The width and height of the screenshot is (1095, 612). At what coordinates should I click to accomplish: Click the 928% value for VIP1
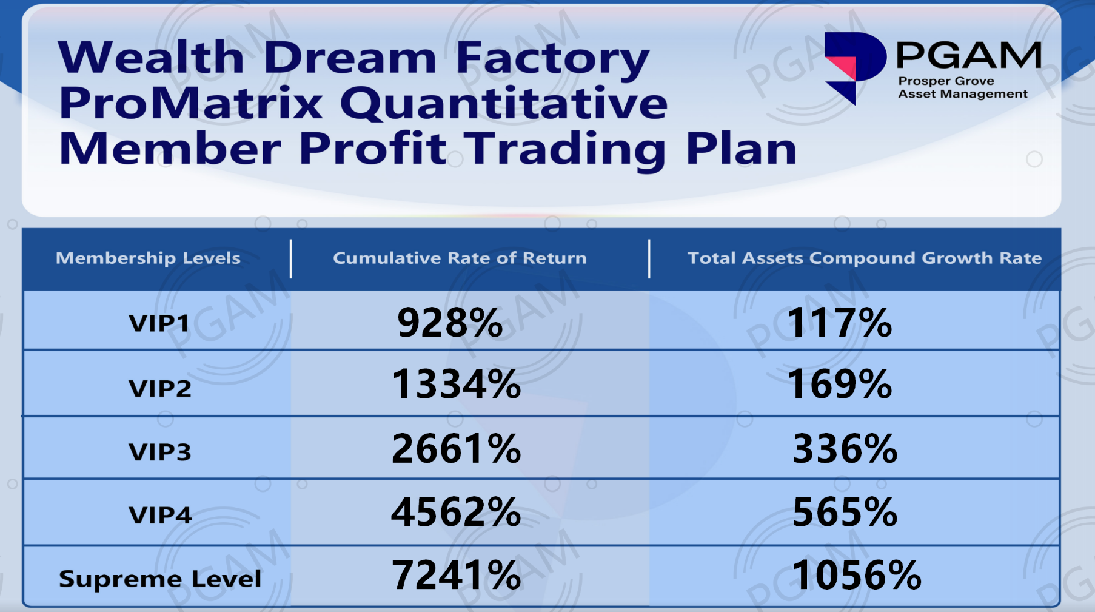450,322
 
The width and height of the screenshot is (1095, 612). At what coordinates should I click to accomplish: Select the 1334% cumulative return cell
457,385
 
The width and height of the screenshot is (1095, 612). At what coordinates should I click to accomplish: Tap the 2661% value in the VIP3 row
457,449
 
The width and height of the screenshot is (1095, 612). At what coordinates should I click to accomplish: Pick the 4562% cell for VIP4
457,512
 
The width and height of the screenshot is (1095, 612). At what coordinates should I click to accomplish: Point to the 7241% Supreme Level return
457,575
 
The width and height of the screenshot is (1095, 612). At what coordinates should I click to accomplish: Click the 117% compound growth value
840,322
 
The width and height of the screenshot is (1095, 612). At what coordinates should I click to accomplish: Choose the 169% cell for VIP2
840,385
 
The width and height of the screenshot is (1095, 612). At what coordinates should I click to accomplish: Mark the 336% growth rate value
845,449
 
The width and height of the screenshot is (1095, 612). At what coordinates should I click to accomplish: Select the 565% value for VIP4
845,512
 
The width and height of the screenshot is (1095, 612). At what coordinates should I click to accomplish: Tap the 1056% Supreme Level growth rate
857,575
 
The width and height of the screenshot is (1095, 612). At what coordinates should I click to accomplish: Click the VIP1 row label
159,323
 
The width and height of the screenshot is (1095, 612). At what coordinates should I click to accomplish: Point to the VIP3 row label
160,452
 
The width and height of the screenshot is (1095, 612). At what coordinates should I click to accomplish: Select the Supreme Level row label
160,579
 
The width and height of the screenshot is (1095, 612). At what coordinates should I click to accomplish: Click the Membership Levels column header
148,258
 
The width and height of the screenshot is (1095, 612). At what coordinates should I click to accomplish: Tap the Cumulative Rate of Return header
460,258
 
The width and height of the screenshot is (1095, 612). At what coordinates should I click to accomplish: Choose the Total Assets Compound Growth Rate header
865,258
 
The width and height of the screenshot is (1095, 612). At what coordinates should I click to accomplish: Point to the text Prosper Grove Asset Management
963,87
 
